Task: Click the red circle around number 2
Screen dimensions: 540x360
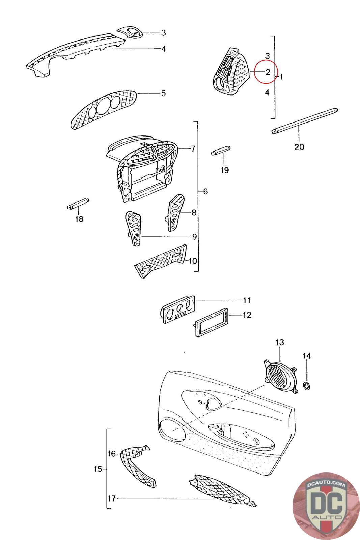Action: [266, 72]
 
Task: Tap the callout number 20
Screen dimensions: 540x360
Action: [299, 147]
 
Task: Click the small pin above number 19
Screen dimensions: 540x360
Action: [221, 151]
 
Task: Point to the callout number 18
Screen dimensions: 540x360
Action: [79, 219]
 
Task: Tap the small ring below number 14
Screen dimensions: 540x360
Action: [307, 386]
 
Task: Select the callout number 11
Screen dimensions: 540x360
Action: [247, 300]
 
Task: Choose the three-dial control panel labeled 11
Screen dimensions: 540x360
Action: [178, 308]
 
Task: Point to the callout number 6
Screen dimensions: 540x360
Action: [205, 192]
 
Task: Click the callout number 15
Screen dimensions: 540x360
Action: [98, 469]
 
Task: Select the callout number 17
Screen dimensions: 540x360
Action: [112, 498]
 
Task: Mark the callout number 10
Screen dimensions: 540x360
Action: [193, 261]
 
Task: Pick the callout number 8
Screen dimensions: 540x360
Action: [194, 213]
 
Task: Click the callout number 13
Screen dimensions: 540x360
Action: [280, 342]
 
